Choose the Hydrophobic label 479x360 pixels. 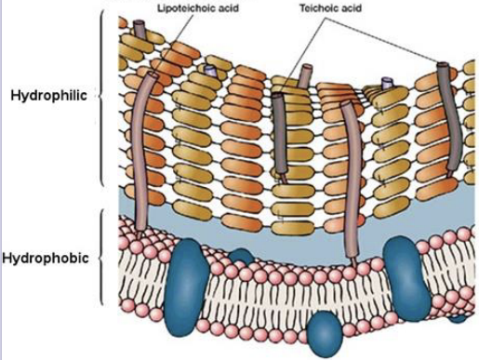coord(46,258)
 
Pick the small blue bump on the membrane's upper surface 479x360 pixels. coord(240,254)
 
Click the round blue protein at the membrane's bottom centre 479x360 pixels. coord(325,329)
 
